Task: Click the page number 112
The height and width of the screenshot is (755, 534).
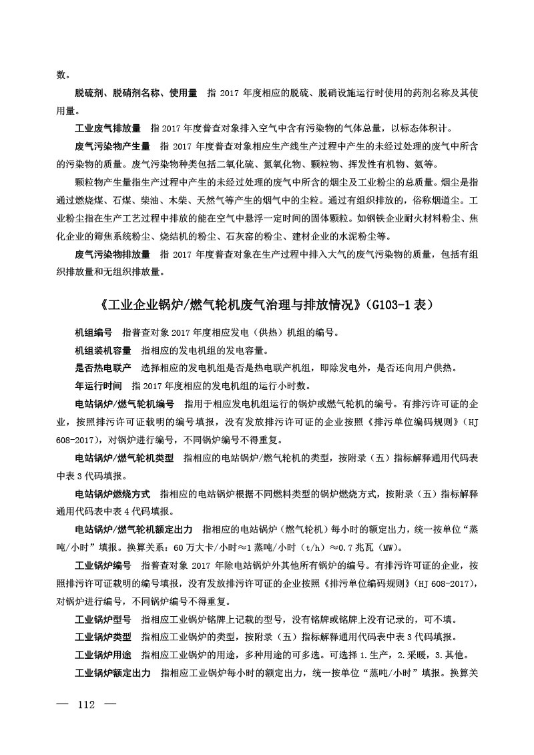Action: (x=88, y=705)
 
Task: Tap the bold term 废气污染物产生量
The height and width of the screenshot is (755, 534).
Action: (x=112, y=146)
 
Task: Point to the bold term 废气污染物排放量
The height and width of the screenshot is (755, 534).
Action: (x=112, y=254)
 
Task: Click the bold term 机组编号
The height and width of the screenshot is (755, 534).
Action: (x=93, y=332)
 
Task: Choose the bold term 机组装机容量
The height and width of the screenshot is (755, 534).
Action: (x=103, y=350)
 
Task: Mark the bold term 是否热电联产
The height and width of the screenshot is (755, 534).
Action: (x=103, y=368)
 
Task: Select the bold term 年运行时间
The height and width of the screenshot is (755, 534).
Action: (x=97, y=386)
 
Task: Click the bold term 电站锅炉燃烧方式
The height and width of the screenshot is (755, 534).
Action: (x=112, y=494)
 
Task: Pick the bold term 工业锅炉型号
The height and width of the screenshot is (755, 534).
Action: (x=103, y=619)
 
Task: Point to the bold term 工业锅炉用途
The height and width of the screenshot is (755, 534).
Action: (x=103, y=655)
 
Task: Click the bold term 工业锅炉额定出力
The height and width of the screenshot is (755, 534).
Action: (x=112, y=673)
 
